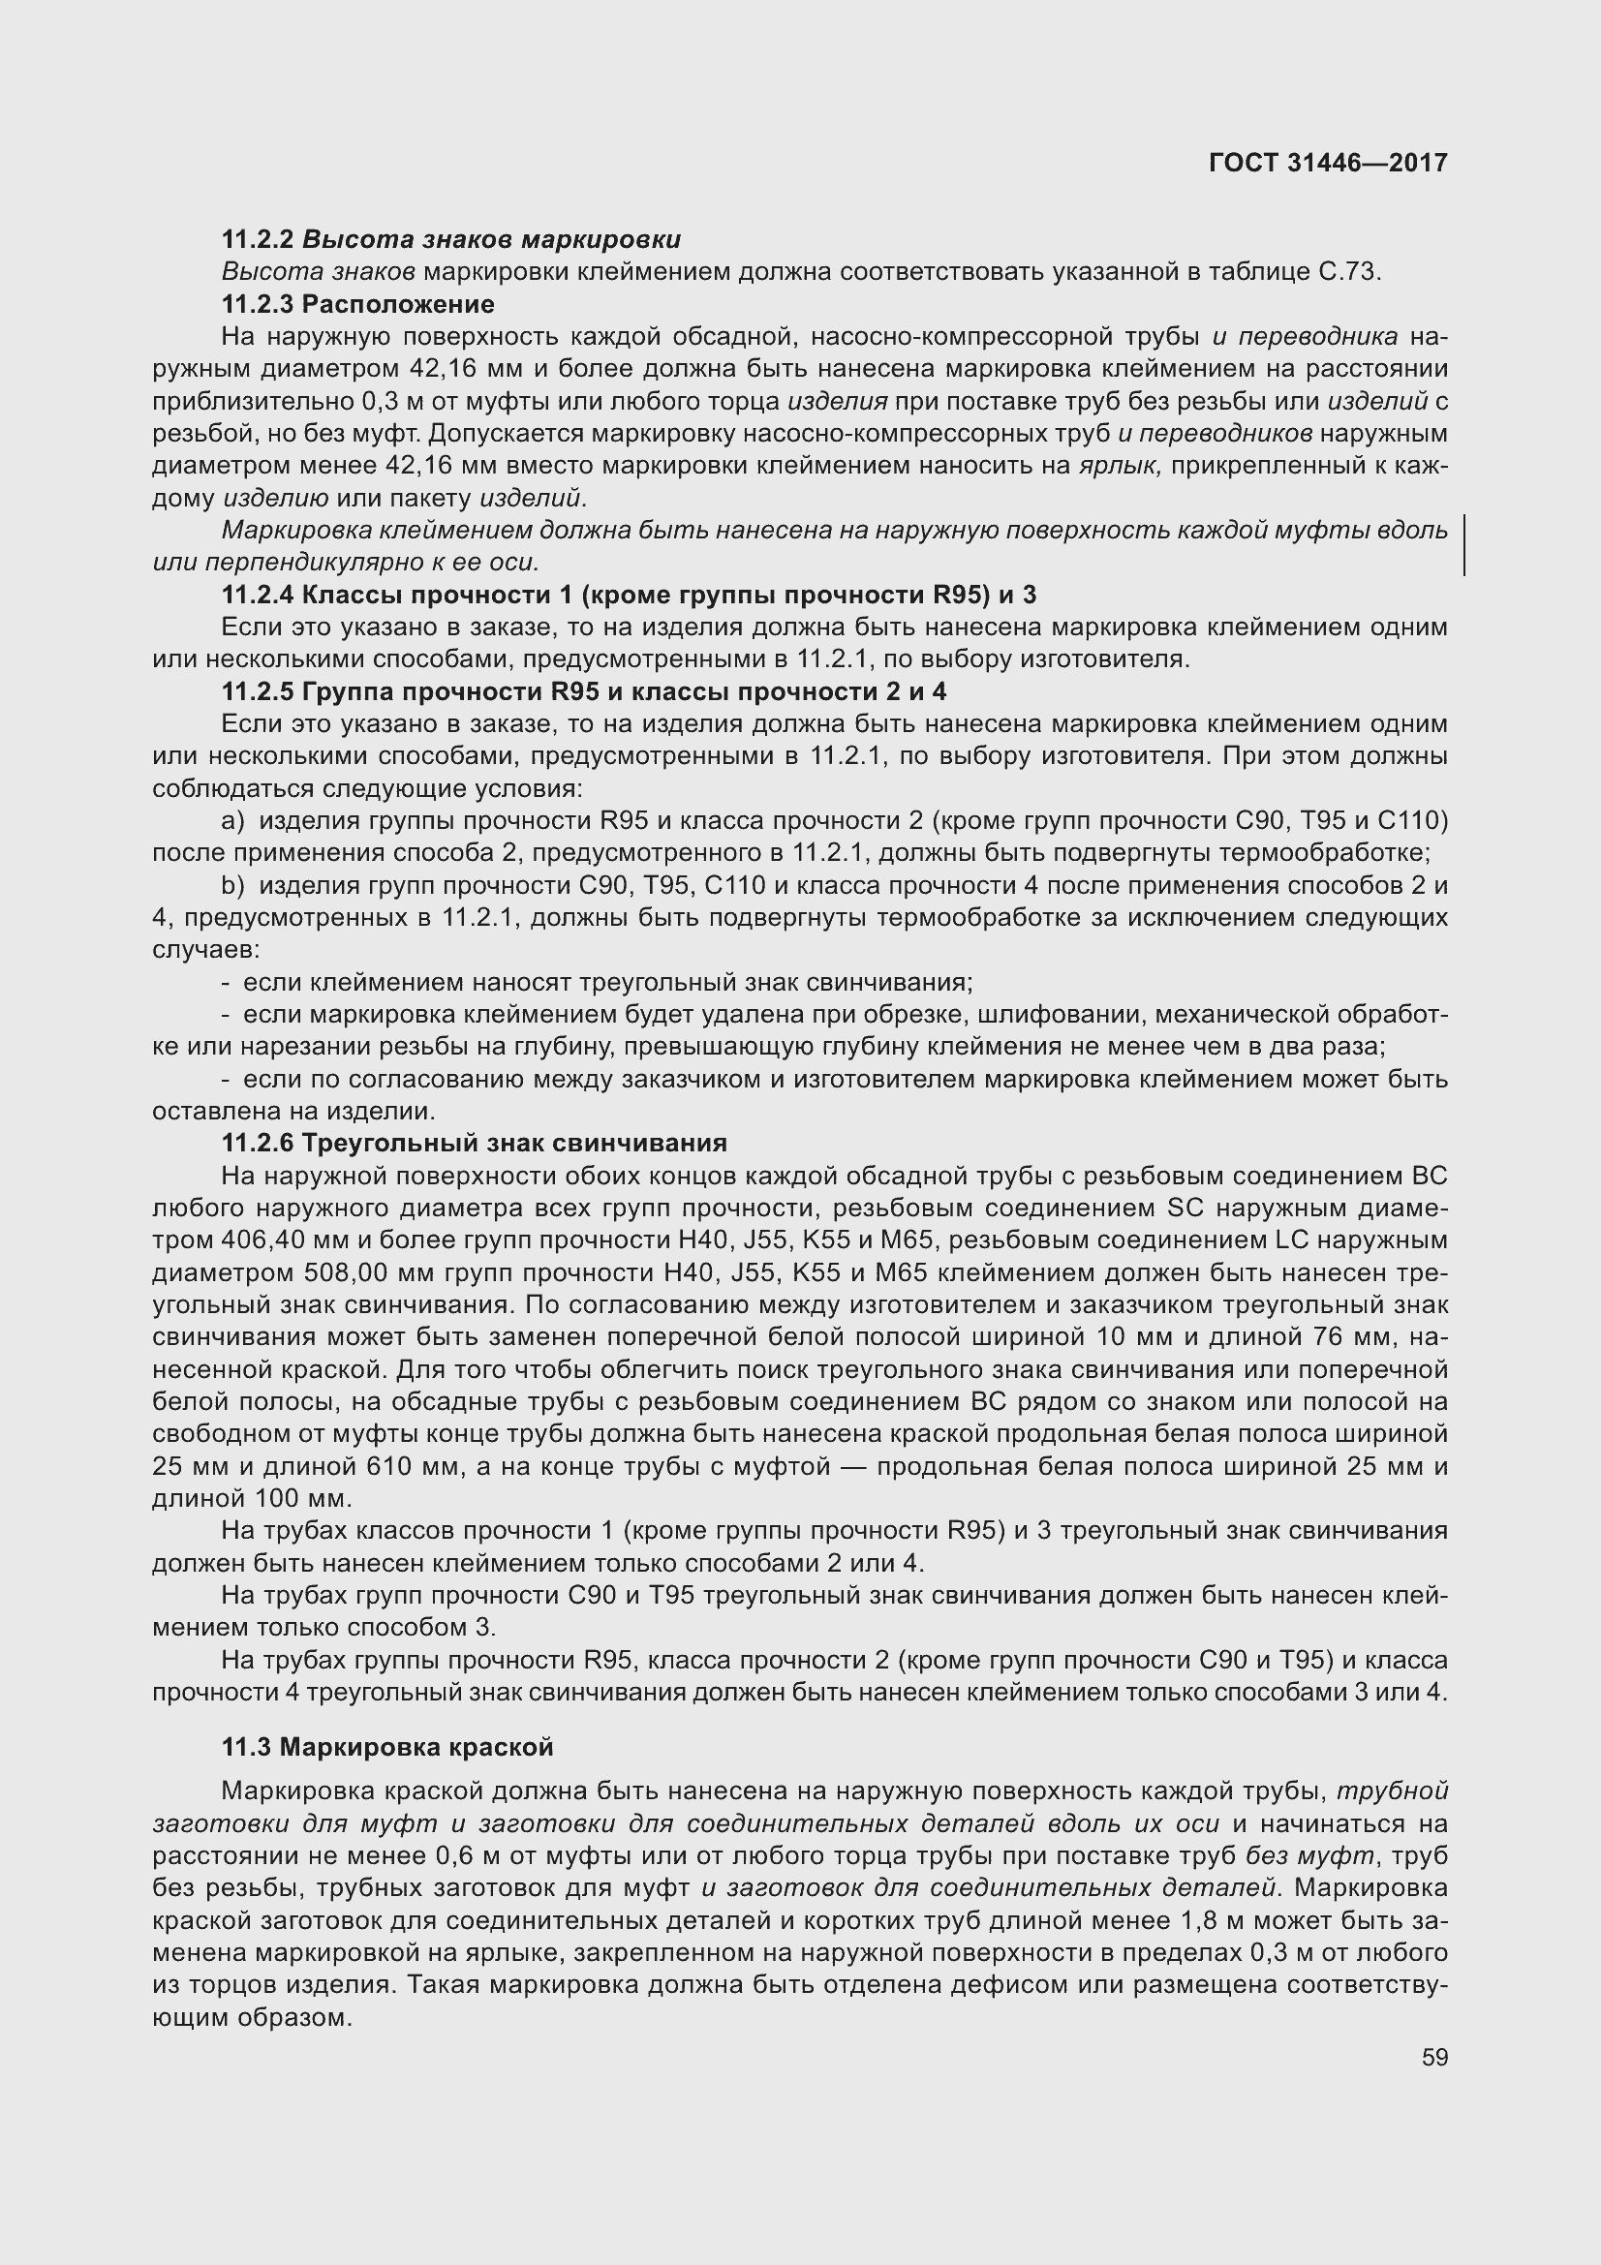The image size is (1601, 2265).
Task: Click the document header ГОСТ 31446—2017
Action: [1328, 163]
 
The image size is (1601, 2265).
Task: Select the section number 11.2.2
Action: [259, 240]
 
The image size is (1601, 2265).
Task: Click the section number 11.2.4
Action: [259, 595]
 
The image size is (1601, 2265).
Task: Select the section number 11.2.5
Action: [259, 691]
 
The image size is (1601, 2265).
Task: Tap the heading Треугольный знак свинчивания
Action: [514, 1144]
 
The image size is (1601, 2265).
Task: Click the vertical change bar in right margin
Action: [1464, 545]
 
